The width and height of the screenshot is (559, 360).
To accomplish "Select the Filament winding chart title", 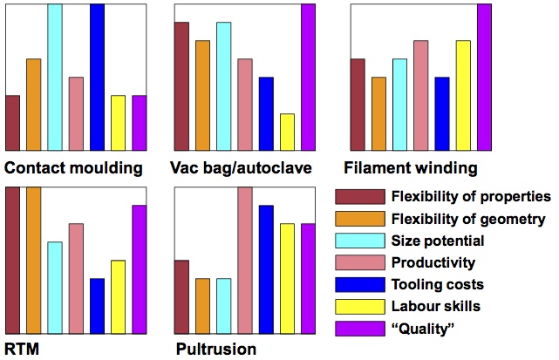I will pos(411,167).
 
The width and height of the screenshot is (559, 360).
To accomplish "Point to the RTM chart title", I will pos(21,350).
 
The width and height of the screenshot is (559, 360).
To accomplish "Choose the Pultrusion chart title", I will pos(216,350).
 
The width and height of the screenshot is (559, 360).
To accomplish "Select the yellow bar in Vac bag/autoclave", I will pos(287,132).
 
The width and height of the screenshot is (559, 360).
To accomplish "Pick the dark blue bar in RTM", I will pos(97,305).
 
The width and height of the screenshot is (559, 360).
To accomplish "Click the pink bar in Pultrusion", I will pos(244,260).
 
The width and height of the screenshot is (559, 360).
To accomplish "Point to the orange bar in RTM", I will pos(33,260).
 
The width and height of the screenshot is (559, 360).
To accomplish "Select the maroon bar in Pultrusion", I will pos(181,296).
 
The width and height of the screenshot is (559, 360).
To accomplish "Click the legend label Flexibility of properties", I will pos(471,196).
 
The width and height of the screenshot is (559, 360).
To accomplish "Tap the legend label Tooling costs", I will pos(438,284).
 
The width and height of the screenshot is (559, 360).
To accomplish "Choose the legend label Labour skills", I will pos(436,306).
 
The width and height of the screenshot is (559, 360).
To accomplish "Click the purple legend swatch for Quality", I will pos(360,328).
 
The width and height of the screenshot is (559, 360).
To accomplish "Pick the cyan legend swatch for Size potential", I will pos(360,240).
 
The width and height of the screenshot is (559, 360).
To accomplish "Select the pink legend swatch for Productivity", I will pos(360,262).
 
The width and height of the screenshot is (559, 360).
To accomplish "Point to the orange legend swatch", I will pos(360,218).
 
